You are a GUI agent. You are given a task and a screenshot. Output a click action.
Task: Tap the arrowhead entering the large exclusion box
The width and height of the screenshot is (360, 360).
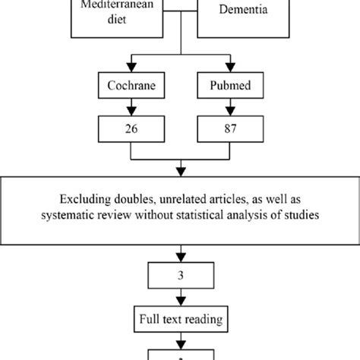(181, 171)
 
